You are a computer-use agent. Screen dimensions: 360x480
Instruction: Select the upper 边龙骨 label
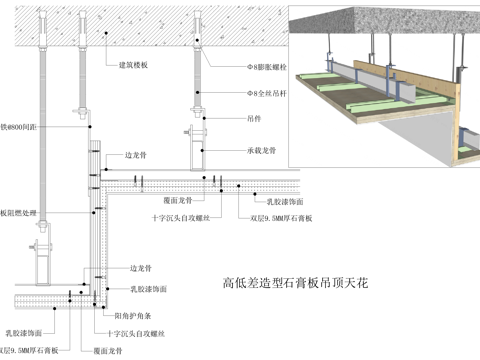coord(137,156)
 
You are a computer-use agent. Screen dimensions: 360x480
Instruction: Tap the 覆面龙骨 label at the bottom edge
coord(107,351)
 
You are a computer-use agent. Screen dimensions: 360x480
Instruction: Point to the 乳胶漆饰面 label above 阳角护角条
coord(150,289)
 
